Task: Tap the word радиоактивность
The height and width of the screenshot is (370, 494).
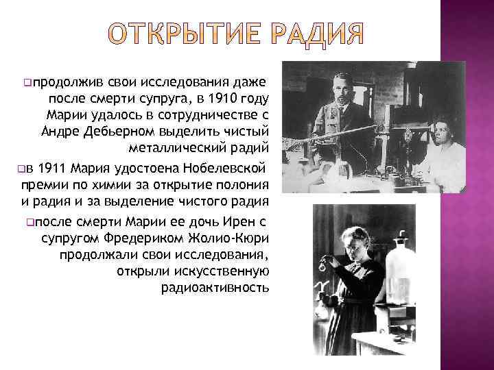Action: (215, 288)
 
